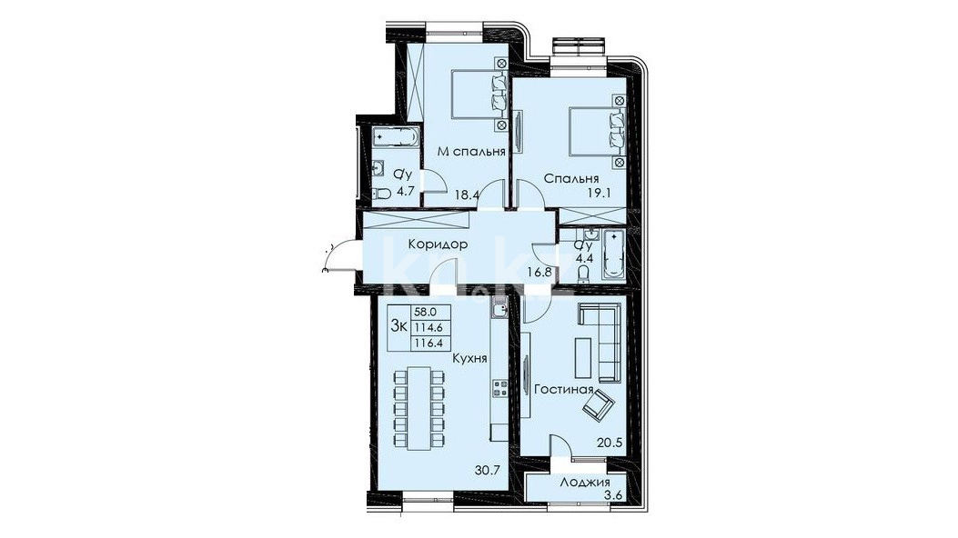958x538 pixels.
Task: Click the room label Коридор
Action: pos(438,244)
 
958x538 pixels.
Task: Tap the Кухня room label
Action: pos(469,359)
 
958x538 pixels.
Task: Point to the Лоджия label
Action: pos(585,483)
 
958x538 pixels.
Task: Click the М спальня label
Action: pos(471,152)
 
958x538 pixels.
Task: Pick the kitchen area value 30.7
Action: pos(488,470)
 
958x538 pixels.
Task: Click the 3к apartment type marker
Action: pos(399,325)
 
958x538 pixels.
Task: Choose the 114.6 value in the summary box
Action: pos(428,326)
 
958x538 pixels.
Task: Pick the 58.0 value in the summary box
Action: pos(425,312)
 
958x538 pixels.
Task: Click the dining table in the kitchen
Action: pos(419,408)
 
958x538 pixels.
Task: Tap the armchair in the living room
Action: pos(598,403)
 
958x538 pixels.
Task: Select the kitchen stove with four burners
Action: pos(499,389)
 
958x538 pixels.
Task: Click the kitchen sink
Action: pos(499,310)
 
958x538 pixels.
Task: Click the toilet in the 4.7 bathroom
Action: pos(382,194)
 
